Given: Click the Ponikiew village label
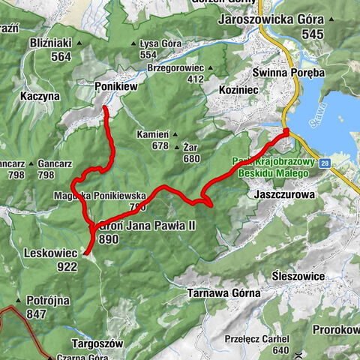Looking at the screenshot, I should (x=115, y=87).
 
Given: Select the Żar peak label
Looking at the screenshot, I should (x=190, y=148).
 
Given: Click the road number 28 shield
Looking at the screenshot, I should (x=323, y=163).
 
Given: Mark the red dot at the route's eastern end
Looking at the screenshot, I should (x=286, y=132).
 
